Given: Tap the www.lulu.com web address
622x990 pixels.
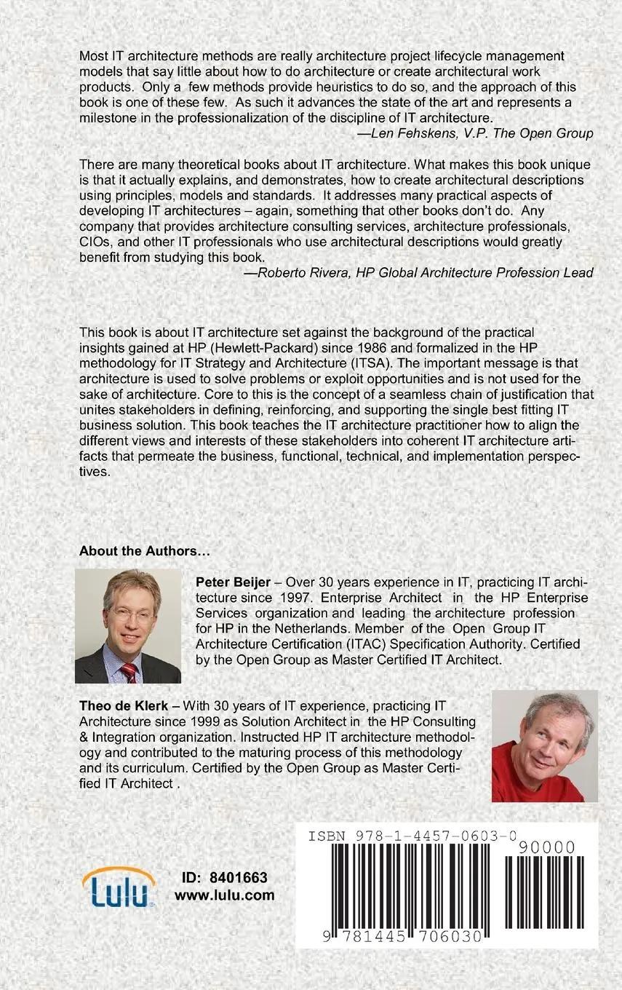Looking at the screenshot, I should (224, 895).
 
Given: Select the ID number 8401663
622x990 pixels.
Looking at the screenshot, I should (238, 878).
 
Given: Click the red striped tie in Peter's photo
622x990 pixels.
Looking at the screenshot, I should (129, 671).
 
